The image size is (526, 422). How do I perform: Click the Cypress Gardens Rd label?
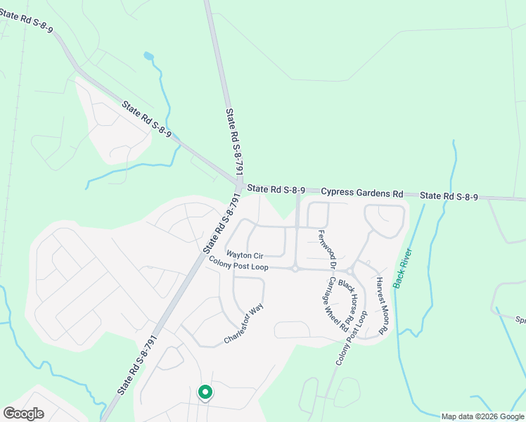point(362,192)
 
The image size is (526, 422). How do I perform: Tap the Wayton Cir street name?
point(244,255)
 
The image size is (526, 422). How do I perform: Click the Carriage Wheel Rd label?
point(338,303)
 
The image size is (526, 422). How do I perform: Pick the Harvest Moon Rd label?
point(382,304)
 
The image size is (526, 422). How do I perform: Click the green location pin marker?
point(205,392)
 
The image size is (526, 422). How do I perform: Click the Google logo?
point(23,414)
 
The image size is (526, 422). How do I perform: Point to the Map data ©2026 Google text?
point(483,416)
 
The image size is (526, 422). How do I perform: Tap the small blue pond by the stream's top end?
point(148,56)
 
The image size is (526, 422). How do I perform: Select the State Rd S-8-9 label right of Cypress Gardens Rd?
point(449,196)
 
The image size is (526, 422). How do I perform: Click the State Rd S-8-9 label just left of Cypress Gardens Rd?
point(276,189)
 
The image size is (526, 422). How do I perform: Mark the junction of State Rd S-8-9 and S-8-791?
point(238,185)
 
